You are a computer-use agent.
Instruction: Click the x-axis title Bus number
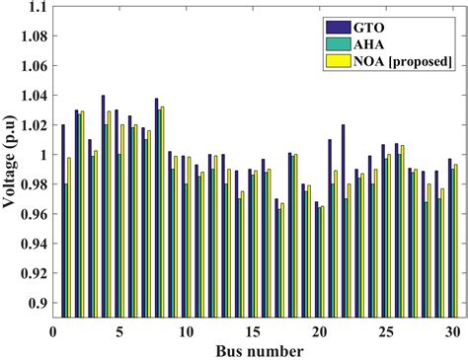254,348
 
